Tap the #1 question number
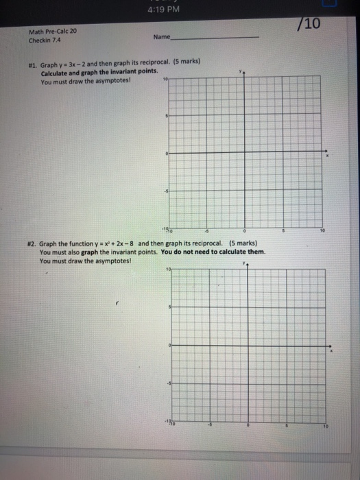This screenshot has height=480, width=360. [x=32, y=60]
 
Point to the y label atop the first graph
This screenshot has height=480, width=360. [x=240, y=71]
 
